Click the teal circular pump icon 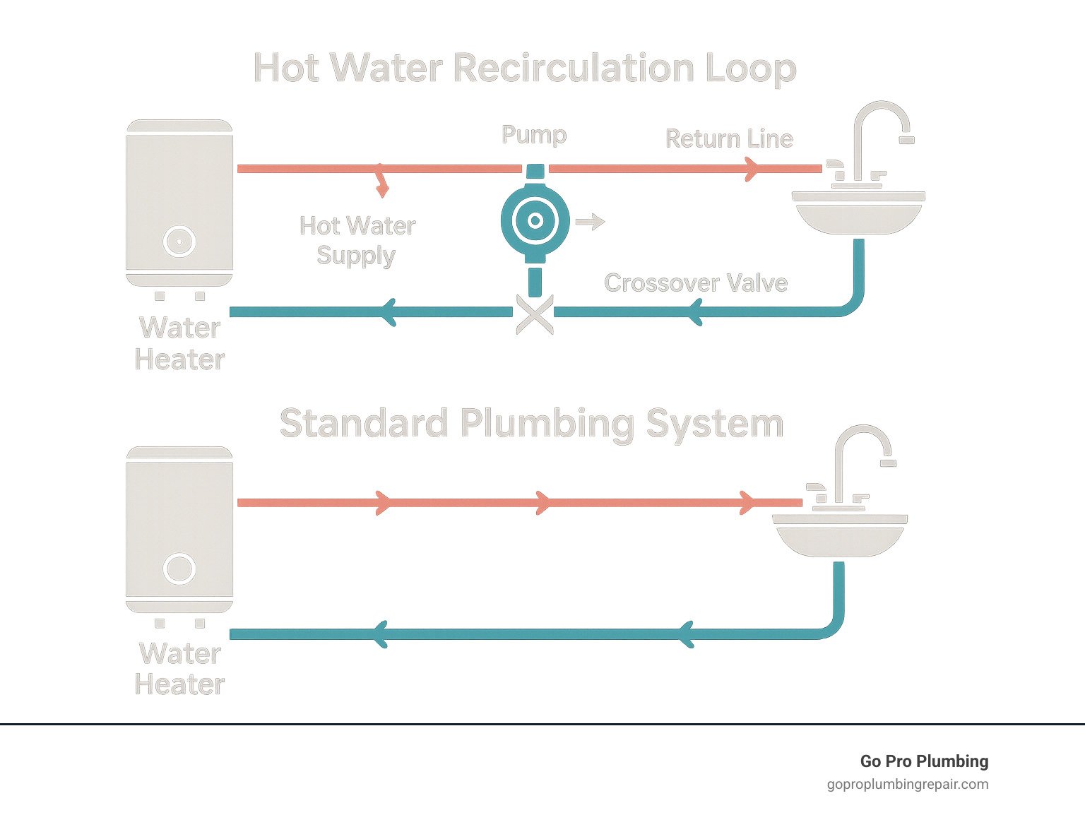pyautogui.click(x=535, y=221)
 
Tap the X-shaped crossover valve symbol pyautogui.click(x=535, y=313)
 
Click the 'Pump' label pyautogui.click(x=534, y=134)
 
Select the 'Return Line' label pyautogui.click(x=729, y=138)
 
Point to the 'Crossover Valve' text pyautogui.click(x=696, y=282)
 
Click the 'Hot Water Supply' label pyautogui.click(x=357, y=240)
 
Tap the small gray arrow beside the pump pyautogui.click(x=591, y=222)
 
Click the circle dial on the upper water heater pyautogui.click(x=179, y=242)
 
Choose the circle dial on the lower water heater pyautogui.click(x=179, y=569)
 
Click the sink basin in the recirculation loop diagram pyautogui.click(x=858, y=218)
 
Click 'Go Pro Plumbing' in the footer pyautogui.click(x=924, y=761)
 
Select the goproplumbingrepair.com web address pyautogui.click(x=908, y=784)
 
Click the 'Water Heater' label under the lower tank pyautogui.click(x=180, y=669)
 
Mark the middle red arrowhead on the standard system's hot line pyautogui.click(x=542, y=503)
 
